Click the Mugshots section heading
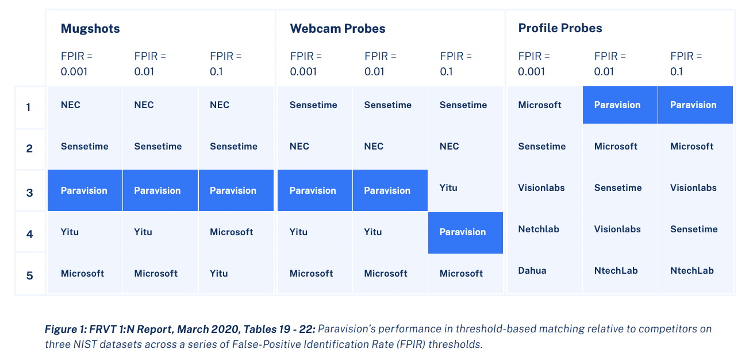[90, 29]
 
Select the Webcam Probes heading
[337, 29]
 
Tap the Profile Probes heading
[560, 28]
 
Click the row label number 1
[30, 107]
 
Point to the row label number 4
[30, 234]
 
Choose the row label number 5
[30, 275]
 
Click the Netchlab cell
[539, 229]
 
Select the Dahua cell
[532, 270]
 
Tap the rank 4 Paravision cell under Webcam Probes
[463, 232]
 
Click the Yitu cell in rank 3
[448, 187]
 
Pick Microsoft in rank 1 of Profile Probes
[540, 105]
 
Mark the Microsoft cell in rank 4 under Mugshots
[231, 232]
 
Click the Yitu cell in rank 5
[219, 273]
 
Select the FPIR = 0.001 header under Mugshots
[76, 64]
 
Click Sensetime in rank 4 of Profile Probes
[694, 229]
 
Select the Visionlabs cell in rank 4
[617, 229]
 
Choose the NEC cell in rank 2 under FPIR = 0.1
[450, 146]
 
